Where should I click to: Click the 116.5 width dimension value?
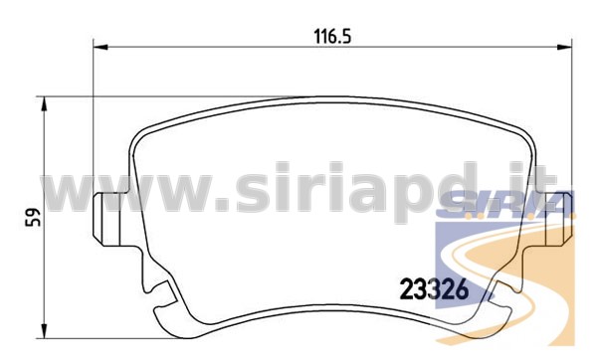tap(332, 37)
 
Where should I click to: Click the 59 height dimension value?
tap(33, 218)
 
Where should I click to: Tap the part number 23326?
tap(434, 289)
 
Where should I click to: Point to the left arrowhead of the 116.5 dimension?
tap(100, 47)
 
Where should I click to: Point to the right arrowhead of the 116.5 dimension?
tap(564, 47)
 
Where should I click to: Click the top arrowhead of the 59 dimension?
tap(45, 104)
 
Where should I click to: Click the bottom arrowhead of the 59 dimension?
tap(45, 330)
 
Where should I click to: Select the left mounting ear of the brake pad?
tap(110, 219)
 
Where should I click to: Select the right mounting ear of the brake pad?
tap(557, 219)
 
